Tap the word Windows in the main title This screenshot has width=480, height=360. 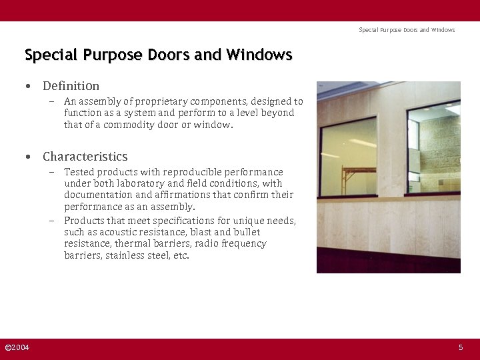[x=259, y=55]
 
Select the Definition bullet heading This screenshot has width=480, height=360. [x=71, y=86]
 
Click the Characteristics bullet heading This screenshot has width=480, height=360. [x=85, y=157]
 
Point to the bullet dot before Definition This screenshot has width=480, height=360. [x=28, y=87]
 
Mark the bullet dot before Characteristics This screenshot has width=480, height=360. [x=28, y=157]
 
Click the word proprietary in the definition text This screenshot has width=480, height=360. [x=161, y=102]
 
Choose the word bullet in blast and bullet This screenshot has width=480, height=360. [x=247, y=232]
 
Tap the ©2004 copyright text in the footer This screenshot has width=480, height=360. [x=17, y=347]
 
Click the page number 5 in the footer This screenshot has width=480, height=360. [x=460, y=347]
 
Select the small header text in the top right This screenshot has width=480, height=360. [x=407, y=30]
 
